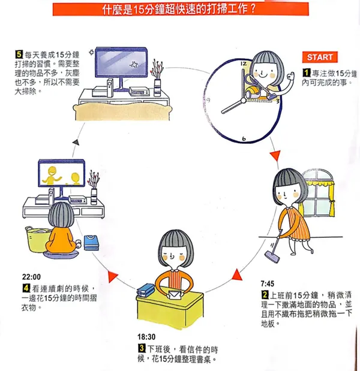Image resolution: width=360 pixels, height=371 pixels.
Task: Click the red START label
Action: [320, 57]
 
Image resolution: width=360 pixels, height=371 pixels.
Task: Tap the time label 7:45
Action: [268, 283]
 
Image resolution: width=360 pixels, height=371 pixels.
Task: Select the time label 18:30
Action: [146, 337]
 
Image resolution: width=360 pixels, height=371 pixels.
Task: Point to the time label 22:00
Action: [31, 276]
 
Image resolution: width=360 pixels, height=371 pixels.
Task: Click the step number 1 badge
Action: [306, 73]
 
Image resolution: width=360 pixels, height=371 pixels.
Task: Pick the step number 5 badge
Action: [19, 55]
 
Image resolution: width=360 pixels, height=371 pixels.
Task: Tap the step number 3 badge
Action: [142, 348]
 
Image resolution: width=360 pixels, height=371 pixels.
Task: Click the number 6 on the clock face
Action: [244, 138]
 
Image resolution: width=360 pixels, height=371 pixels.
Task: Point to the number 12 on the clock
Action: [244, 64]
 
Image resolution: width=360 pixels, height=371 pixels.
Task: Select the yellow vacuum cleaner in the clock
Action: [252, 92]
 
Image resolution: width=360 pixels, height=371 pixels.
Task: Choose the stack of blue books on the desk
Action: [145, 289]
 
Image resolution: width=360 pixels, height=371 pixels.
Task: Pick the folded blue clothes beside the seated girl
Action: [91, 243]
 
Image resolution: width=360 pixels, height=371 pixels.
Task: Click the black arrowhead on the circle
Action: [76, 142]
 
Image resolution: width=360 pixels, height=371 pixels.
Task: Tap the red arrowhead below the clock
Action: [275, 155]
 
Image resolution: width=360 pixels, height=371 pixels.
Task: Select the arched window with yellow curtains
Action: [317, 192]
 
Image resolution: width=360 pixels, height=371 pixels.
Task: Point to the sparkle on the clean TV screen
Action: [134, 64]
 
